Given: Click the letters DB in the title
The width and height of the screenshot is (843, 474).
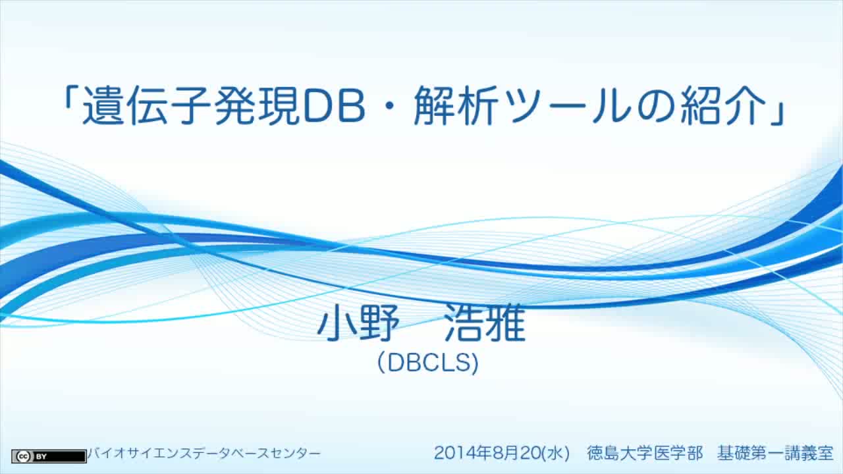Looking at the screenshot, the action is tap(334, 105).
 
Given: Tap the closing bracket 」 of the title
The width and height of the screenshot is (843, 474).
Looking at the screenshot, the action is tap(778, 112).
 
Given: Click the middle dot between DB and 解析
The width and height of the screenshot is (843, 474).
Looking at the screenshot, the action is tap(389, 106).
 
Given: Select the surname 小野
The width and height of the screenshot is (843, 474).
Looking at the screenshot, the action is tap(358, 323).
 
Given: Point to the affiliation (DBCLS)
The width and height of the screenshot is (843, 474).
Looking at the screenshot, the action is tap(428, 363).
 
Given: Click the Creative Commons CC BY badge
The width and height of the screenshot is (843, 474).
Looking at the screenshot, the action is tap(49, 456).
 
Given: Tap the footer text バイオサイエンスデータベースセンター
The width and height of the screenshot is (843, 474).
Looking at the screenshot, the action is tap(204, 454).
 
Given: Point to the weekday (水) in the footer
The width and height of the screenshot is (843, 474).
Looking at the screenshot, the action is tap(556, 454).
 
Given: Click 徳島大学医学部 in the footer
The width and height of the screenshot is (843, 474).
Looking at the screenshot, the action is tap(645, 453).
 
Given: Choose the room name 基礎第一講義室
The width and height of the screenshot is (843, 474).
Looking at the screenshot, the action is tap(775, 453).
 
